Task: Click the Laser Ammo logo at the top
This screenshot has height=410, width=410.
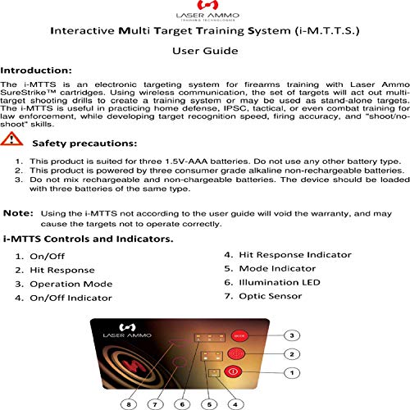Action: pyautogui.click(x=204, y=12)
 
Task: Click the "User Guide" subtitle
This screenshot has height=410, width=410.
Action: pyautogui.click(x=204, y=52)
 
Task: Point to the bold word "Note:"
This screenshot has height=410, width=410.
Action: pyautogui.click(x=17, y=212)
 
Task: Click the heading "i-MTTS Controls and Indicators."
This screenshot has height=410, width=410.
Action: pyautogui.click(x=88, y=239)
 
